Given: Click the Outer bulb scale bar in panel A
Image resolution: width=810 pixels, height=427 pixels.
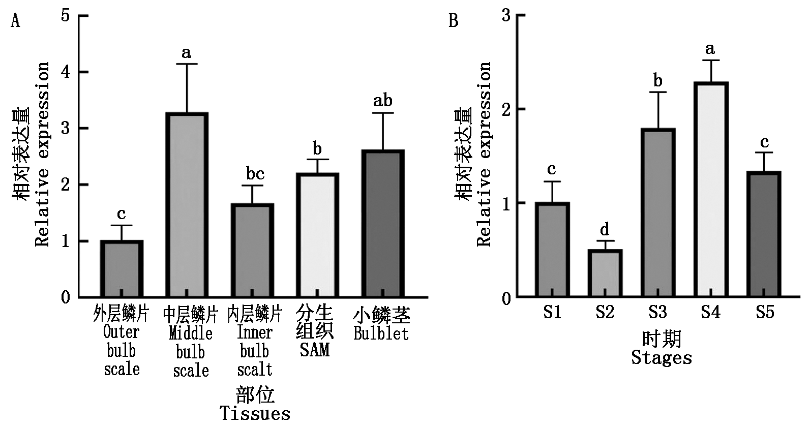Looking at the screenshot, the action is point(122,269).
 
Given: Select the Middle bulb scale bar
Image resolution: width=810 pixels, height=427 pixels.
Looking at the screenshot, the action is point(187,205).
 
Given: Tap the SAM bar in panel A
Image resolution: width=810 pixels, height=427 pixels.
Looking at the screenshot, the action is point(317,235).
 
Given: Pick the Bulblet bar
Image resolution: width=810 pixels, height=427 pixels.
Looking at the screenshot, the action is point(383,224).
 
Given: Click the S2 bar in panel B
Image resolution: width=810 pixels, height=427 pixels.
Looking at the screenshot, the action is point(605,273).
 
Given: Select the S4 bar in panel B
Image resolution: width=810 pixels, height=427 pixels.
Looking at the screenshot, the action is point(711,190).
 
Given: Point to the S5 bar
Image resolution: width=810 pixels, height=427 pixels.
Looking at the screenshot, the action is point(764,234).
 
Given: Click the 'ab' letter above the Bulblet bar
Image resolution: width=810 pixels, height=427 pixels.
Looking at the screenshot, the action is point(383,101).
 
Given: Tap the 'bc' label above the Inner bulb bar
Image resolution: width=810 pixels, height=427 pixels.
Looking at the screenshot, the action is point(255,173).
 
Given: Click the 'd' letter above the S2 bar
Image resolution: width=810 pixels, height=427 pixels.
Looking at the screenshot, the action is point(605,229).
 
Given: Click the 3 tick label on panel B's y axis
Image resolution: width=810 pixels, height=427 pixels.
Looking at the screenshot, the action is point(506,15).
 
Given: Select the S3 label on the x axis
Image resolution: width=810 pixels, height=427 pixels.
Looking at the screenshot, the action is point(658,312).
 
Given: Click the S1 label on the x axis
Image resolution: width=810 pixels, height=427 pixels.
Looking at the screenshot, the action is point(552,312).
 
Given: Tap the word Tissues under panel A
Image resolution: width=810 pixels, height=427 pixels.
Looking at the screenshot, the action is point(255,414).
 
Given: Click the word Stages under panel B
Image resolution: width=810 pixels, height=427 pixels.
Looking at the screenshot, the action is point(662,357).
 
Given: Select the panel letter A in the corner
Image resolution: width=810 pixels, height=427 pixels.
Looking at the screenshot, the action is point(15,21).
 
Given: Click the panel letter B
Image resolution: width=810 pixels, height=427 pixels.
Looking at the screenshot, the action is point(454,21).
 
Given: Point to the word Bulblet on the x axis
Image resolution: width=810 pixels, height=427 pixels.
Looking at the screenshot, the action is point(381,333).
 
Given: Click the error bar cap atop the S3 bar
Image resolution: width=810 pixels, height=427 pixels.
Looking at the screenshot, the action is point(658,92).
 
